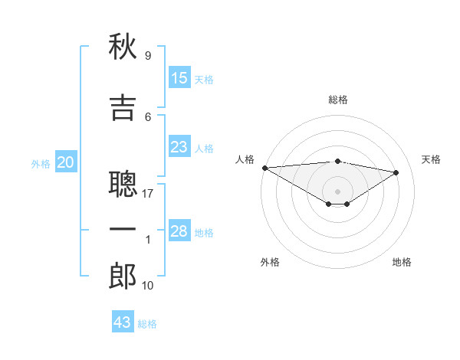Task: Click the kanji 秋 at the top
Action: click(x=123, y=46)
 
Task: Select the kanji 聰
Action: click(x=123, y=184)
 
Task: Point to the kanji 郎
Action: click(x=123, y=276)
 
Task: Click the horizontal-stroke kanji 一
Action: click(x=123, y=229)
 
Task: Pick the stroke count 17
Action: click(x=147, y=194)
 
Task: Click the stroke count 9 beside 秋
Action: click(x=148, y=55)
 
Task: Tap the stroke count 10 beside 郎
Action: click(x=147, y=285)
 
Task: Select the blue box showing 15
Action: click(x=179, y=77)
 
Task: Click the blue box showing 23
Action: click(x=179, y=146)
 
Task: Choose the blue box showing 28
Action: click(x=179, y=230)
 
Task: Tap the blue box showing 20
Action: click(x=66, y=162)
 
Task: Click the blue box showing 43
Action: click(x=123, y=321)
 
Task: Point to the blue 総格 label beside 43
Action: click(x=147, y=324)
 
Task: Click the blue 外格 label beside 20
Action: click(x=41, y=164)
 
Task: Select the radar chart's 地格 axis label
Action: click(x=402, y=262)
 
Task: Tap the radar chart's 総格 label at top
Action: click(x=338, y=100)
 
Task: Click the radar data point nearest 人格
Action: click(x=265, y=168)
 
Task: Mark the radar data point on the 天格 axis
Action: click(x=396, y=172)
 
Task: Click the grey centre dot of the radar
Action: click(x=337, y=191)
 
